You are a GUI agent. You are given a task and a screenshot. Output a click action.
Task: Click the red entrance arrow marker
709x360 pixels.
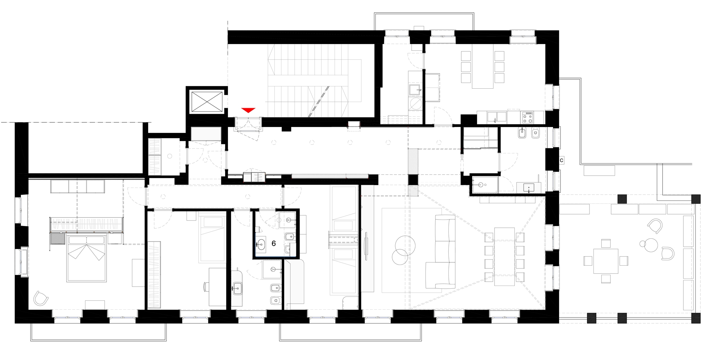[x=248, y=110]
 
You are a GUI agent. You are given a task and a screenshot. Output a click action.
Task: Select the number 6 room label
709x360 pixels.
[x=274, y=244]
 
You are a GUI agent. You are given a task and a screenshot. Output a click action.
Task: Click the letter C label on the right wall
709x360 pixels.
[x=562, y=161]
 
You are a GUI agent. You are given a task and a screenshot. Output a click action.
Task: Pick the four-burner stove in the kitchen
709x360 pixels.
[x=527, y=117]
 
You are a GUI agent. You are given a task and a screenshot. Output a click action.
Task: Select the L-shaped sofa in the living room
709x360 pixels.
[x=440, y=251]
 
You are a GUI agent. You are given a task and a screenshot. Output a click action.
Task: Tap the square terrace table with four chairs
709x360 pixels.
[x=605, y=261]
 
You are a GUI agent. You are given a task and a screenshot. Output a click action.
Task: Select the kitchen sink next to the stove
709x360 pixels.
[x=497, y=117]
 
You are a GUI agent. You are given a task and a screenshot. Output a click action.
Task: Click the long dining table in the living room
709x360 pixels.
[x=504, y=256]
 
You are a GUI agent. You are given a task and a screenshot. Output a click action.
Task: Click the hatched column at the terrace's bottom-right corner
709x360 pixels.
[x=696, y=318]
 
